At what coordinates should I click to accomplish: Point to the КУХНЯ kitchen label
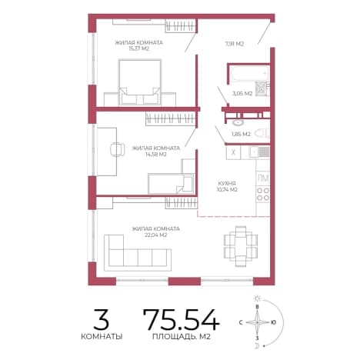(x=227, y=184)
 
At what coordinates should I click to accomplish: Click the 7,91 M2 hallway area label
(x=235, y=44)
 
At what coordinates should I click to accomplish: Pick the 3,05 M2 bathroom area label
(x=242, y=94)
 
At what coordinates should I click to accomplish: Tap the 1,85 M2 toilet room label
(x=241, y=134)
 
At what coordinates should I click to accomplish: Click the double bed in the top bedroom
(x=140, y=82)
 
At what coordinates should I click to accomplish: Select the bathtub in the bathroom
(x=249, y=74)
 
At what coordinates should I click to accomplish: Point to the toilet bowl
(x=262, y=133)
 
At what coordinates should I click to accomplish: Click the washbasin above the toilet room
(x=238, y=122)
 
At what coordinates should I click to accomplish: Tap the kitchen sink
(x=259, y=152)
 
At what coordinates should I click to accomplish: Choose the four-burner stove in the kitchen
(x=263, y=194)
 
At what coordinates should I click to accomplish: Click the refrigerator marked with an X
(x=233, y=152)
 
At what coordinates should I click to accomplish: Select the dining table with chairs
(x=241, y=246)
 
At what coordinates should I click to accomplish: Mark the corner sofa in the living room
(x=138, y=253)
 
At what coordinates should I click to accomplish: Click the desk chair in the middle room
(x=118, y=149)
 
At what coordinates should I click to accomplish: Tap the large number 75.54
(x=182, y=319)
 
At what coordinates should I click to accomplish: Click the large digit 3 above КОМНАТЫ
(x=102, y=319)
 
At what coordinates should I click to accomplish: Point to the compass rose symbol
(x=257, y=322)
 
